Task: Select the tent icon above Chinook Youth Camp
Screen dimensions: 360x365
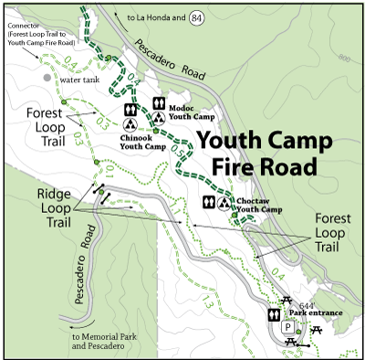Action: pyautogui.click(x=130, y=124)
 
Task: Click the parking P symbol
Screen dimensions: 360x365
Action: pyautogui.click(x=287, y=327)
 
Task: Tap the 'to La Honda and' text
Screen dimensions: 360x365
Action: pyautogui.click(x=156, y=17)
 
